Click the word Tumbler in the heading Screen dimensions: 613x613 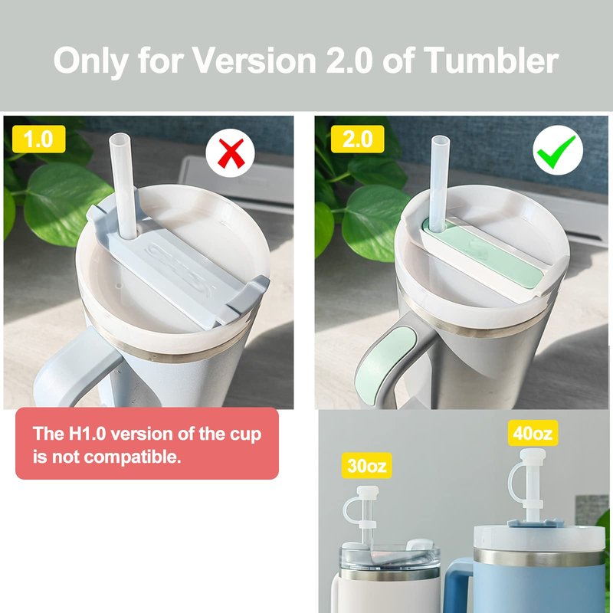coord(491,61)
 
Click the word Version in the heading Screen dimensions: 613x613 coord(254,61)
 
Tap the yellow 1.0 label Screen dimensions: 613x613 coord(39,139)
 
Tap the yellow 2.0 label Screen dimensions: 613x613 coord(357,139)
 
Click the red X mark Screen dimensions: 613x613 coord(231,152)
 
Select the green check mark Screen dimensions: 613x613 coord(557,151)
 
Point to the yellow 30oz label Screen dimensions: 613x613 coord(367,466)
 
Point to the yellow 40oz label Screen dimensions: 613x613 coord(533,433)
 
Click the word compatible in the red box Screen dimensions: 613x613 coord(133,457)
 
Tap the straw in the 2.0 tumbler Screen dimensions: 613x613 coord(439,182)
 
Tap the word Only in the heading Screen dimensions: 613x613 coord(90,61)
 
